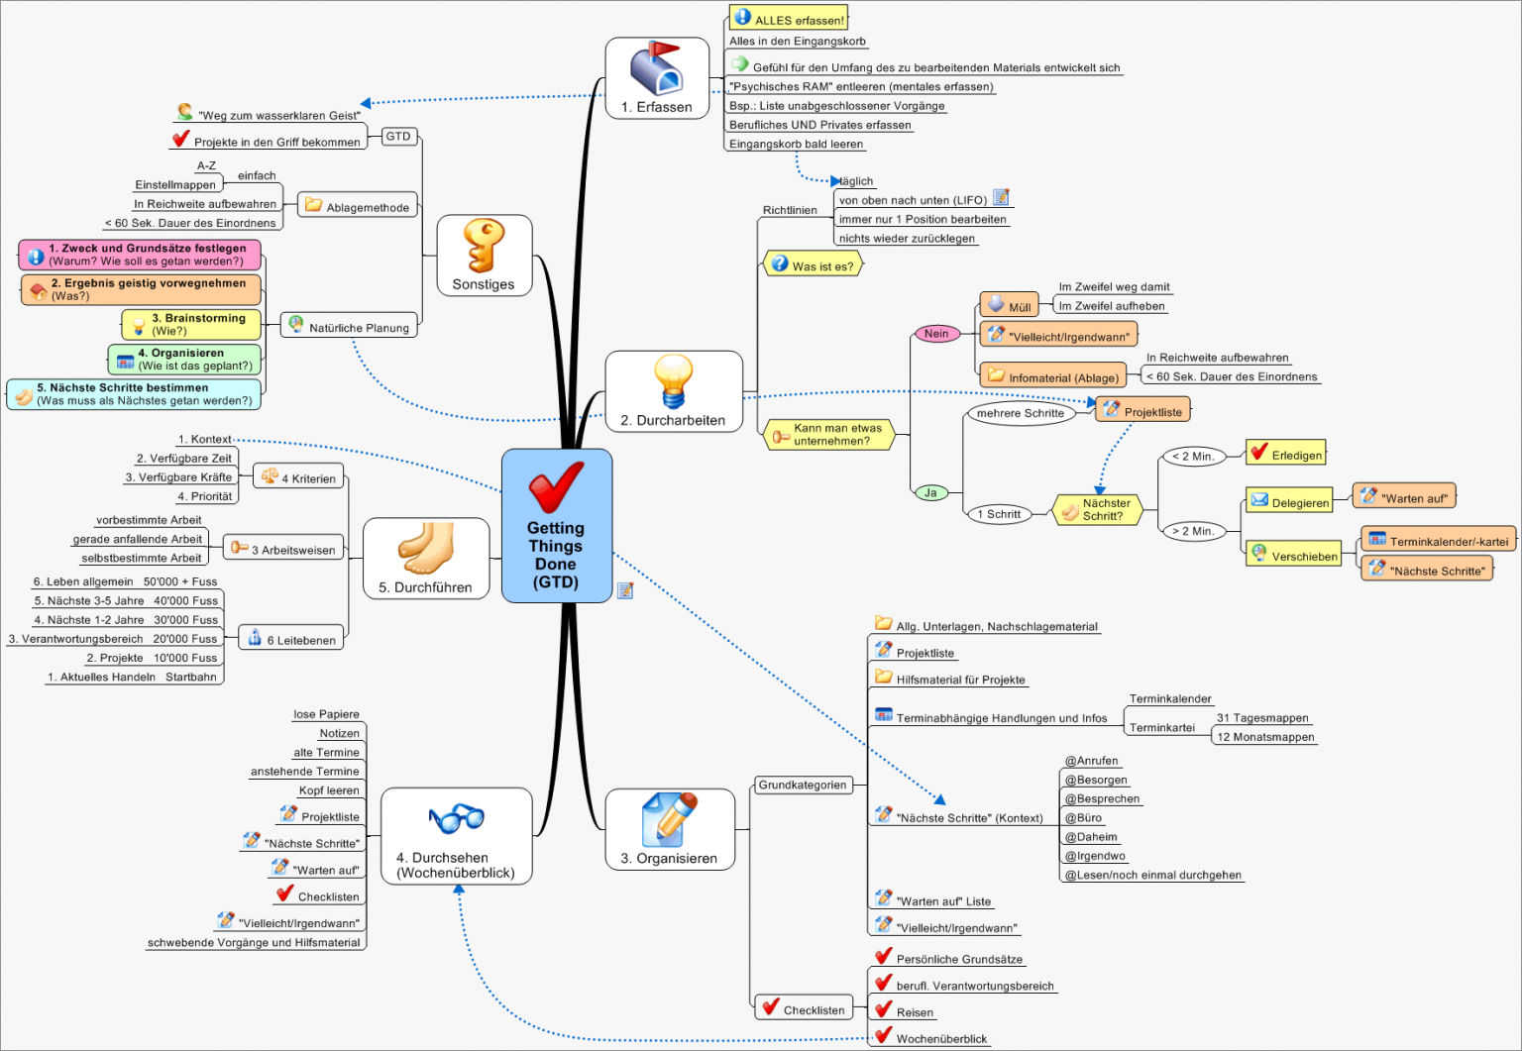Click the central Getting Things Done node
[556, 526]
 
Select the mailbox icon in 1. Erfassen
[656, 68]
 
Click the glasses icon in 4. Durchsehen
[456, 818]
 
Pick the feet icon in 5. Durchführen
[426, 549]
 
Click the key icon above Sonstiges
[484, 245]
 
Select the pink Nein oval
[936, 334]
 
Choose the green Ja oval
[930, 492]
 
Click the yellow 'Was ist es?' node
[813, 265]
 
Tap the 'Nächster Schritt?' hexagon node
[1099, 509]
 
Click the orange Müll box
[1009, 306]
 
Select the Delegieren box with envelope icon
[1289, 502]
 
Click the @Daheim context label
[1091, 837]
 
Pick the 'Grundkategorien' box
[803, 786]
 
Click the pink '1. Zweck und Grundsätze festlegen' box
[140, 255]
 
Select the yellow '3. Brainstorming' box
[191, 324]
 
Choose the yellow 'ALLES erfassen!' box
[789, 18]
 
